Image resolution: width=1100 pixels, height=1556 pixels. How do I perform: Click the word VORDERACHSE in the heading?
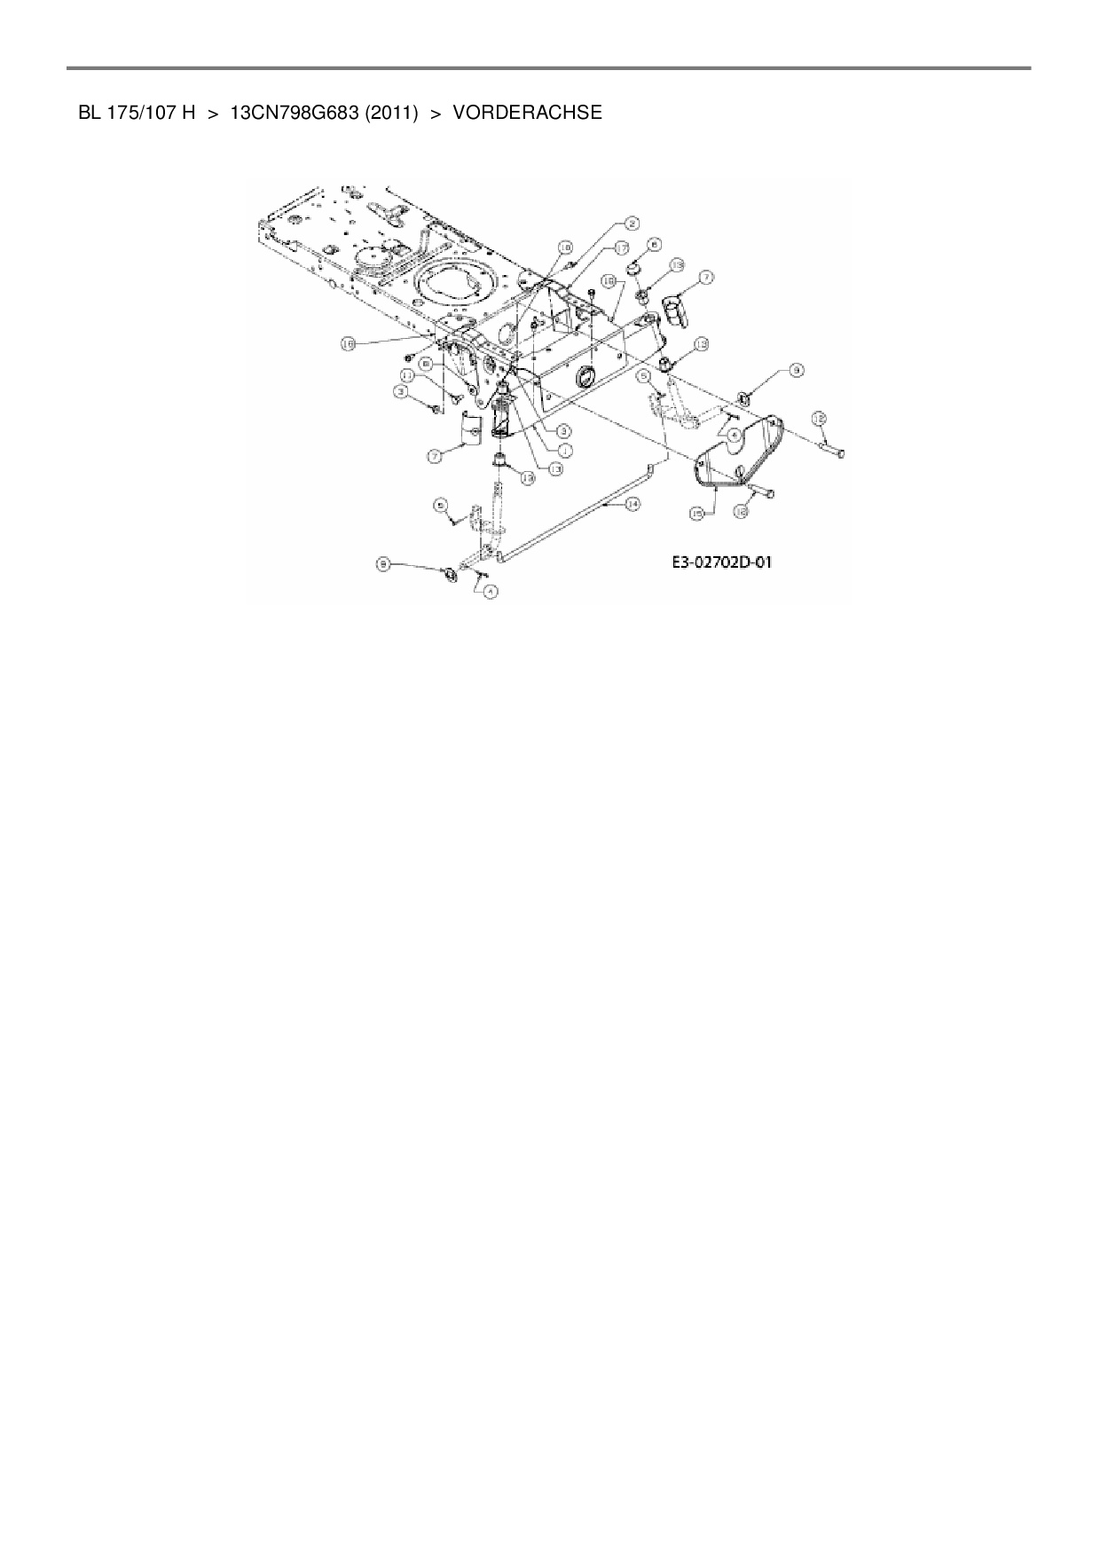(x=527, y=113)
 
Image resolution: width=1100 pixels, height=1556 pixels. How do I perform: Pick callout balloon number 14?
(x=632, y=503)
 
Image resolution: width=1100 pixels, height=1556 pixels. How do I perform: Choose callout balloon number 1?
(x=562, y=450)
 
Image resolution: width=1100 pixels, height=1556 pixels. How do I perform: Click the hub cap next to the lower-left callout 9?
(x=449, y=574)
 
